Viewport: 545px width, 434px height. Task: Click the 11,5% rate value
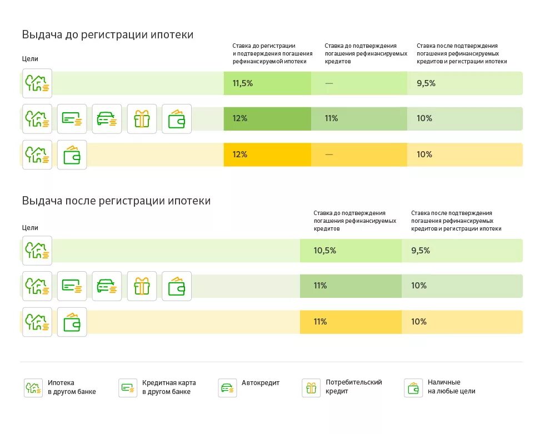tap(242, 83)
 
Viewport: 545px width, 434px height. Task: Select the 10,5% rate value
tap(324, 251)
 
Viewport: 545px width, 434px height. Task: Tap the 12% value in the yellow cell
tap(240, 154)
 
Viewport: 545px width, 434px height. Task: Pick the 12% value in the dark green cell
tap(240, 118)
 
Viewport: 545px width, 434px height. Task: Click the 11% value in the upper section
tap(331, 118)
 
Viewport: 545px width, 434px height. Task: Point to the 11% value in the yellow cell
tap(320, 322)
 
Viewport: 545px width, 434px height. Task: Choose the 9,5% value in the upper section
tap(426, 83)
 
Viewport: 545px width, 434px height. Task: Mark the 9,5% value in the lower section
tap(421, 251)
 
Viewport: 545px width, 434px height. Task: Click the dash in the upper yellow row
tap(329, 154)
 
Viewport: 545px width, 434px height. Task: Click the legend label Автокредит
tap(261, 383)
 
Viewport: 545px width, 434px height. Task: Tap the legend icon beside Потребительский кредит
tap(311, 388)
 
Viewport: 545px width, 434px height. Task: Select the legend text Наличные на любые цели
tap(451, 387)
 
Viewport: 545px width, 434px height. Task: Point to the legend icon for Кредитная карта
tap(128, 388)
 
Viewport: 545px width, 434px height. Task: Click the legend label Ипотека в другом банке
tap(72, 387)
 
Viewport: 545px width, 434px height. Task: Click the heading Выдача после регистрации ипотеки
tap(116, 201)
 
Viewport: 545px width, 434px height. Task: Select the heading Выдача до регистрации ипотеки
tap(108, 34)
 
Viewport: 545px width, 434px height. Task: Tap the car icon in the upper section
tap(107, 119)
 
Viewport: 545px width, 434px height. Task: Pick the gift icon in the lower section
tap(142, 286)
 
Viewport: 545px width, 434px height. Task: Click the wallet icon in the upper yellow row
tap(72, 155)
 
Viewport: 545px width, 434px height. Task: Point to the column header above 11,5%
tap(272, 54)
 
